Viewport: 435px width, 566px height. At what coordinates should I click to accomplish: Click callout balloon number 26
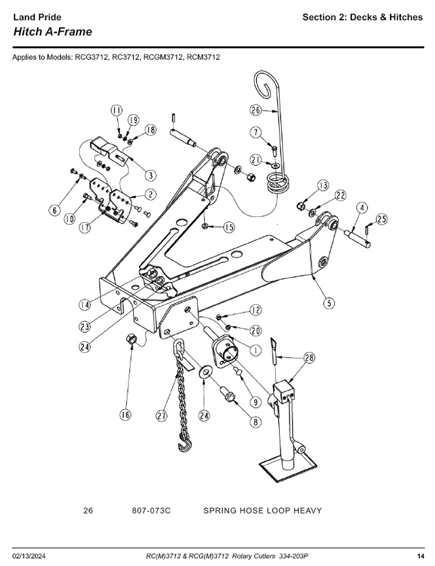(x=255, y=109)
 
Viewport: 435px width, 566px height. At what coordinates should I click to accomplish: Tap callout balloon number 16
(x=124, y=413)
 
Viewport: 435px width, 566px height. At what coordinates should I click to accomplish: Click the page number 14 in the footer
(x=421, y=556)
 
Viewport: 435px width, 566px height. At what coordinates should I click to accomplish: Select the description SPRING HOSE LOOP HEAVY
(x=262, y=510)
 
